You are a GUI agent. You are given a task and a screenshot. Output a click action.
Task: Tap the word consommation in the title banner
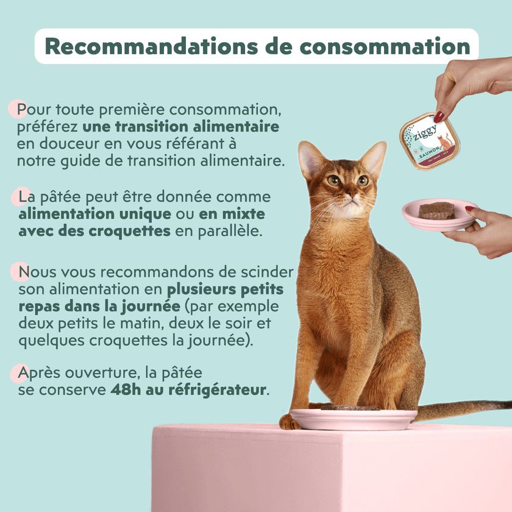tap(385, 47)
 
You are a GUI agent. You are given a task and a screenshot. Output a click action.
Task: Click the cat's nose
tap(352, 194)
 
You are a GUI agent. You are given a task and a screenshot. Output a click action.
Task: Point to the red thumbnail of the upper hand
tap(439, 116)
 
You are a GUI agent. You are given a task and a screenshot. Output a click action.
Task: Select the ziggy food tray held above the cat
tap(430, 141)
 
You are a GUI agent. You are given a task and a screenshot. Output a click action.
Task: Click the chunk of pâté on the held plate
tap(437, 211)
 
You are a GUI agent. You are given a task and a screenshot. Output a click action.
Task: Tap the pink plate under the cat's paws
tap(354, 419)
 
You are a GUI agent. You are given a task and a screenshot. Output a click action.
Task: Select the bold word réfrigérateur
tap(218, 390)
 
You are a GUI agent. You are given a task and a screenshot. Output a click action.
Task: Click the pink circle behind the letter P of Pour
tap(18, 108)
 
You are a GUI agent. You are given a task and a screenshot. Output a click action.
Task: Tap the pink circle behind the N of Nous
tap(20, 272)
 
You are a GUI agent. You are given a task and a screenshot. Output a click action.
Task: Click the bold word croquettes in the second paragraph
tap(130, 232)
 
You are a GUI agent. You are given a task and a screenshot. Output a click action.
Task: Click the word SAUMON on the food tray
tap(429, 152)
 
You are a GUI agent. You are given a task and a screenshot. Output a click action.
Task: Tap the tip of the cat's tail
tap(510, 404)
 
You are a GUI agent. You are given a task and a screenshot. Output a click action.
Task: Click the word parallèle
tap(230, 231)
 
